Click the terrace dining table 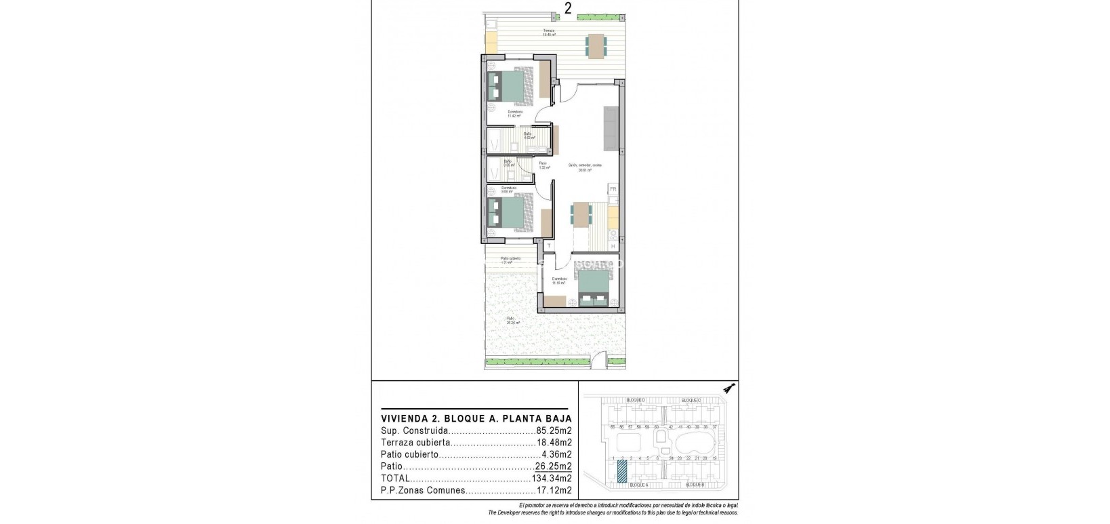596,46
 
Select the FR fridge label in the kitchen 613,189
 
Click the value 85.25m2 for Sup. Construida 554,430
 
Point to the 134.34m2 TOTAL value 552,479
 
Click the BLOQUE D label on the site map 636,400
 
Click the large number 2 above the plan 567,8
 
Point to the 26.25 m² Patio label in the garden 512,321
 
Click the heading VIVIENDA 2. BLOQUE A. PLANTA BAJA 476,418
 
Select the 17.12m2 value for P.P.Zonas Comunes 554,490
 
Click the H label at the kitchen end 613,246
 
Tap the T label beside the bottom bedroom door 549,245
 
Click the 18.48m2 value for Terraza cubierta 554,443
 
